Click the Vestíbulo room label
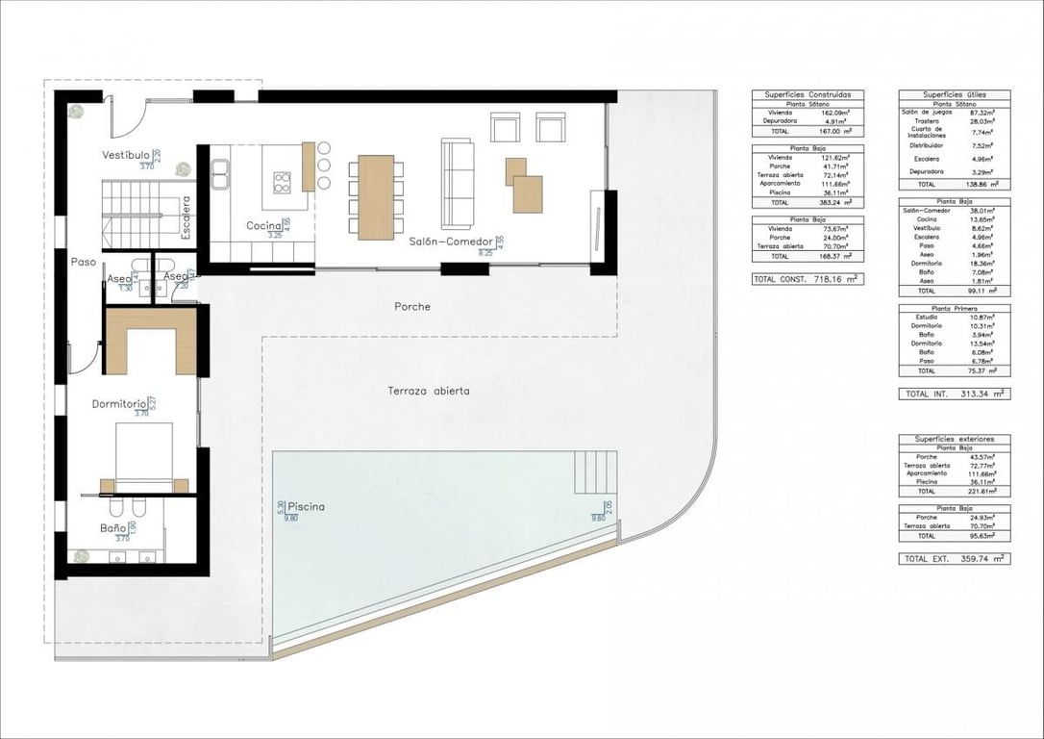(x=126, y=155)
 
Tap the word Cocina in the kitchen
(x=263, y=226)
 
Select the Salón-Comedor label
(x=451, y=242)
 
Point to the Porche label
(x=412, y=307)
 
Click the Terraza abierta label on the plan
(x=429, y=391)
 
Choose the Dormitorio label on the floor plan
(x=119, y=404)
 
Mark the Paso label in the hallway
(x=84, y=261)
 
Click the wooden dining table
(x=376, y=196)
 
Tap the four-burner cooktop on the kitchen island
(x=285, y=181)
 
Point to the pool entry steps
(x=593, y=471)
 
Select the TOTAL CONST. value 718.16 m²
(x=835, y=279)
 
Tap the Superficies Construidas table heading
(x=808, y=94)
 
